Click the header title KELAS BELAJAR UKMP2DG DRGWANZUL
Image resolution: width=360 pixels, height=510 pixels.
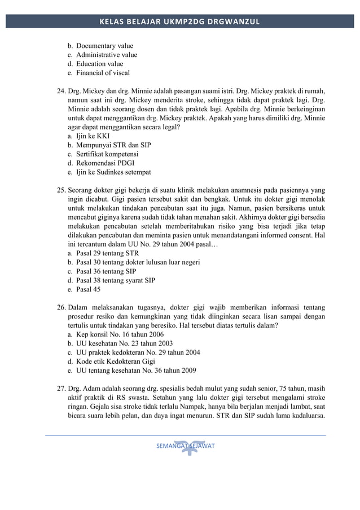pyautogui.click(x=180, y=22)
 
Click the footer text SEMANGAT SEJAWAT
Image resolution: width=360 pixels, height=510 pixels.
pyautogui.click(x=186, y=446)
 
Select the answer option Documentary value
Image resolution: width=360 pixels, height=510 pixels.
pyautogui.click(x=105, y=46)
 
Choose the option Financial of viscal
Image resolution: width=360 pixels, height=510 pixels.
pyautogui.click(x=103, y=73)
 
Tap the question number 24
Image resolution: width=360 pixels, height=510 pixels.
pyautogui.click(x=61, y=91)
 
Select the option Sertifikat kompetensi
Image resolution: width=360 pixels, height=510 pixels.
pyautogui.click(x=107, y=154)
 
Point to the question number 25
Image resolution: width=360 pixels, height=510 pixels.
pyautogui.click(x=61, y=190)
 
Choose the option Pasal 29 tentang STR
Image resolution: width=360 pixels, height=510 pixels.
pyautogui.click(x=107, y=254)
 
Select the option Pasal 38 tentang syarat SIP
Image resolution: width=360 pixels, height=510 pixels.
pyautogui.click(x=116, y=281)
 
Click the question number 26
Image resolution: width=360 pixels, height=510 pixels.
pyautogui.click(x=61, y=308)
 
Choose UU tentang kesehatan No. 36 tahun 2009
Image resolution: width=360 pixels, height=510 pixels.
pyautogui.click(x=136, y=370)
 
